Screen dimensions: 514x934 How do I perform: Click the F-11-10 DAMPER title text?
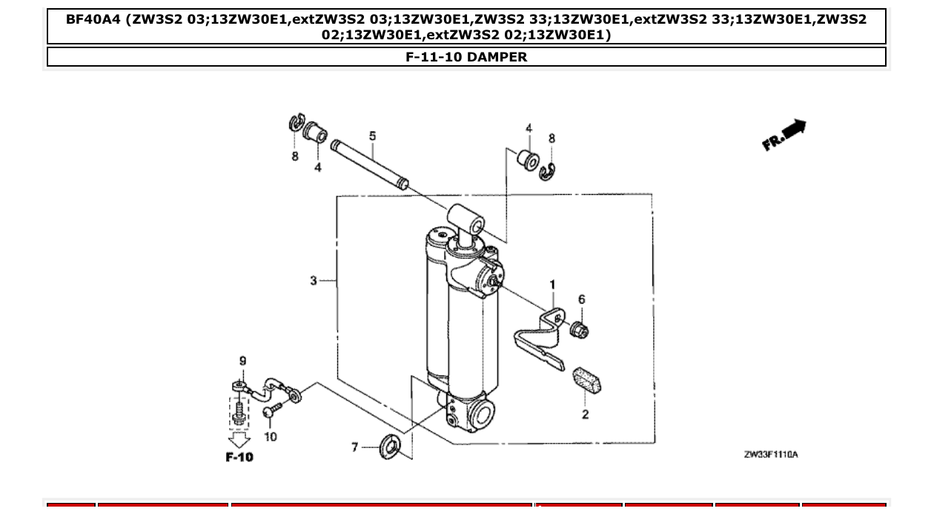[466, 57]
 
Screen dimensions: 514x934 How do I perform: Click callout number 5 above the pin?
[372, 136]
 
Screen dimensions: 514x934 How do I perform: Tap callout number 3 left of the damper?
[314, 280]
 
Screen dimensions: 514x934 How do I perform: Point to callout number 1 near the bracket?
[552, 284]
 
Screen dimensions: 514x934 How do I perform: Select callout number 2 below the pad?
[585, 415]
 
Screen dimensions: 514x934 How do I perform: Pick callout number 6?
[582, 300]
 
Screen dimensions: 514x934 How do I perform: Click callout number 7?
[354, 447]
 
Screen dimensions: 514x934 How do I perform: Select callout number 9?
[242, 361]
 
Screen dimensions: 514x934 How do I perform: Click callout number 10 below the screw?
[270, 437]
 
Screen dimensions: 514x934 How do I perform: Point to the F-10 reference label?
[239, 458]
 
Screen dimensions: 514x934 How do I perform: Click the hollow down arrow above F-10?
[239, 440]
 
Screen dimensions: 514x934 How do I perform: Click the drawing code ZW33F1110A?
[771, 455]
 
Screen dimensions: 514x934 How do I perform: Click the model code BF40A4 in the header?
[93, 19]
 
